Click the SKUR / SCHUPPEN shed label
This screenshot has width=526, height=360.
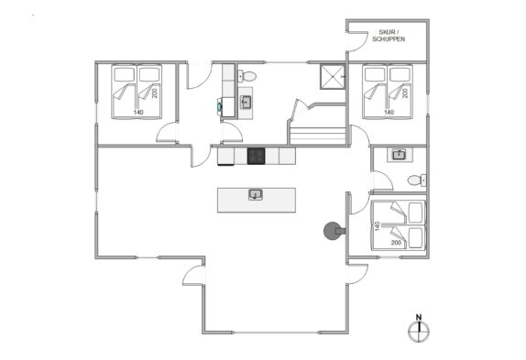tap(389, 36)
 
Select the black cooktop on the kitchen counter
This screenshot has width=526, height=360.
tap(256, 157)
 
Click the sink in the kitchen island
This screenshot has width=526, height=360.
tap(256, 195)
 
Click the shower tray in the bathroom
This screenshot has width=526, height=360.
tap(333, 77)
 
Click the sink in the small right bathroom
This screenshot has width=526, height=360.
tap(399, 155)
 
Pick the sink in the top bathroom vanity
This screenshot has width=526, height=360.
tap(246, 103)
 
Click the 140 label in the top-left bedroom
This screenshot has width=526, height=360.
tap(138, 113)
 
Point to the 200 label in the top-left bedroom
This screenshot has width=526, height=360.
tap(155, 93)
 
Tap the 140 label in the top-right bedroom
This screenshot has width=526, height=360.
tap(389, 113)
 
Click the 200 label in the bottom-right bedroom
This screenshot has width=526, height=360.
tap(396, 243)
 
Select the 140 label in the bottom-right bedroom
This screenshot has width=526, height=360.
tap(377, 226)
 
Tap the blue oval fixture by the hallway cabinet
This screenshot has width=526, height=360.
tap(219, 107)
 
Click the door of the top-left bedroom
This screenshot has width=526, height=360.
tap(167, 133)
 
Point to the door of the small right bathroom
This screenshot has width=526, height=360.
tap(382, 181)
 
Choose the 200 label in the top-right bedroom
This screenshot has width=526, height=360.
tap(406, 93)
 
